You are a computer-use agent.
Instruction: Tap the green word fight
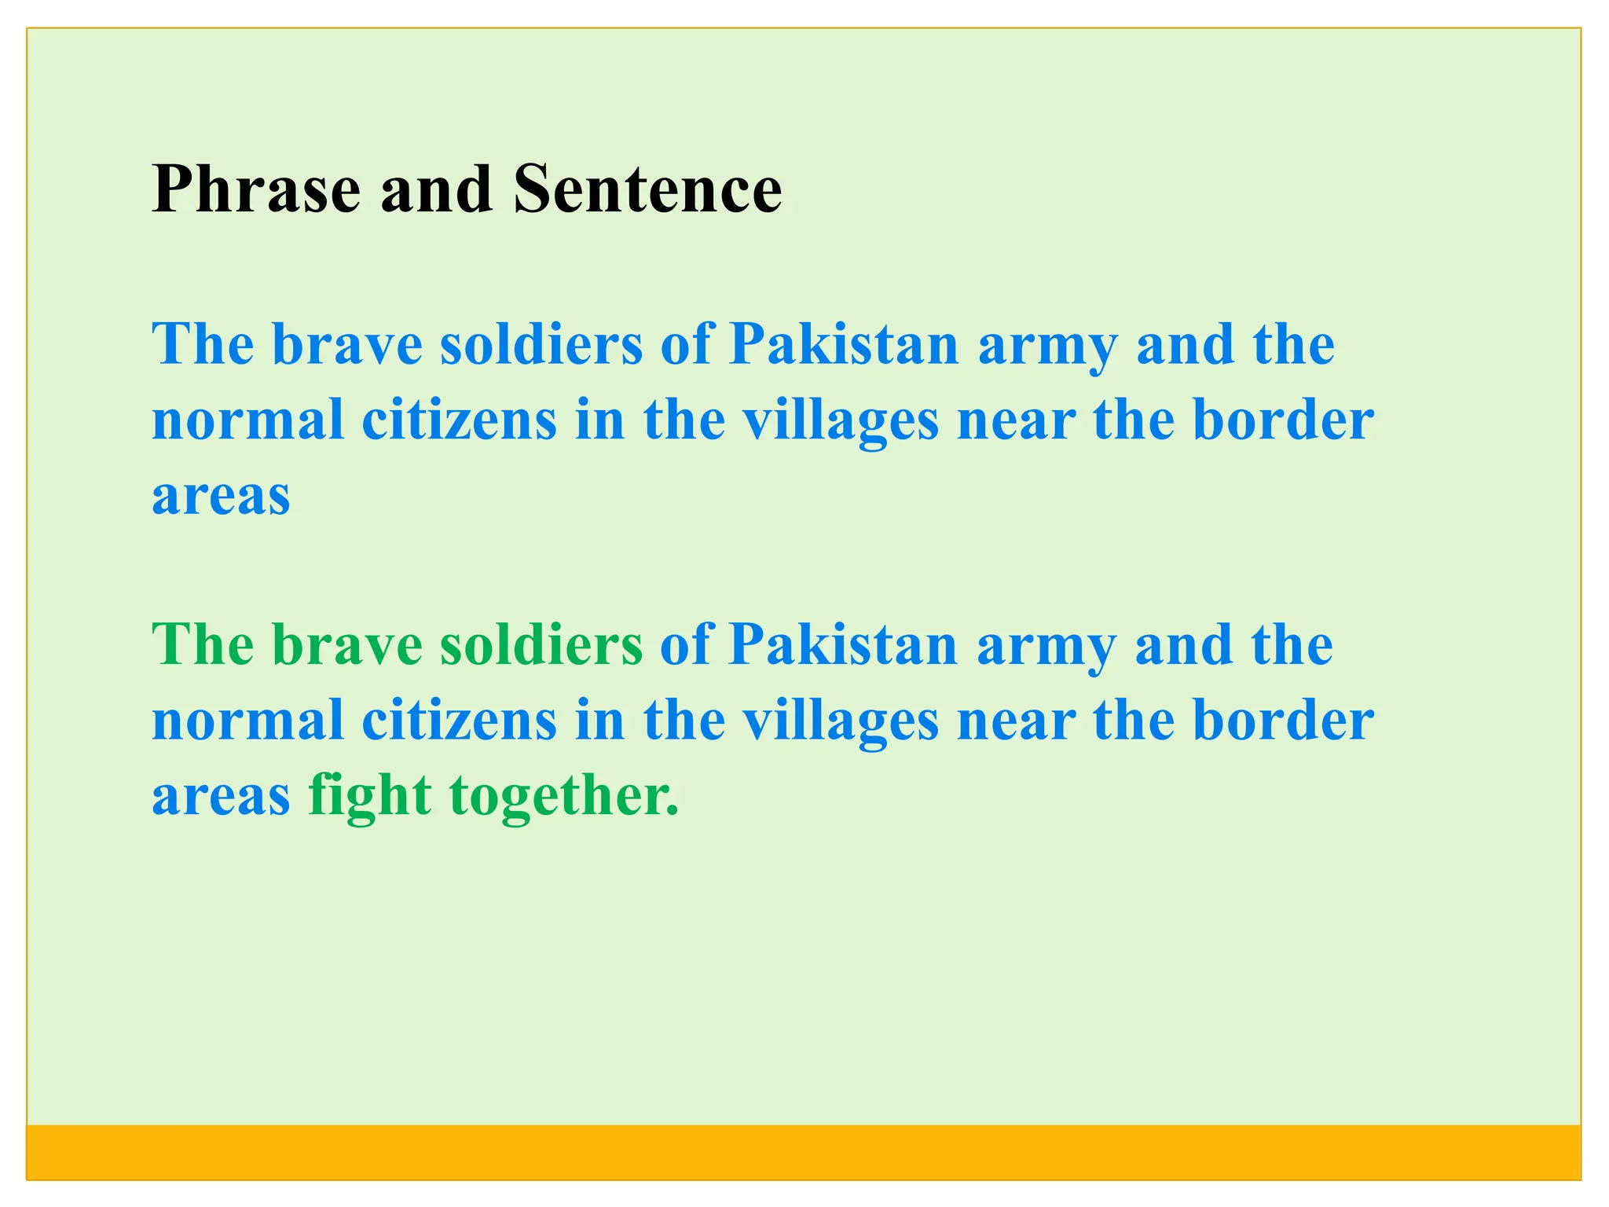point(369,795)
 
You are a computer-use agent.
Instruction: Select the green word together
point(563,795)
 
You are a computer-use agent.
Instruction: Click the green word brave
point(347,645)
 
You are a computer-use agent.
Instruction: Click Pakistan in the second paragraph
point(843,645)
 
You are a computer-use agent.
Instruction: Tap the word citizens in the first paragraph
point(459,420)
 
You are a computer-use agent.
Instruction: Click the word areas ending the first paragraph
point(221,497)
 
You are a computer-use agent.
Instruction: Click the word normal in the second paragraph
point(247,721)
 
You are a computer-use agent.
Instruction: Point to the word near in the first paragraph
point(1016,421)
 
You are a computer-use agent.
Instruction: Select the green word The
point(203,645)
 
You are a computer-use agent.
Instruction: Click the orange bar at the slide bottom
point(803,1151)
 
